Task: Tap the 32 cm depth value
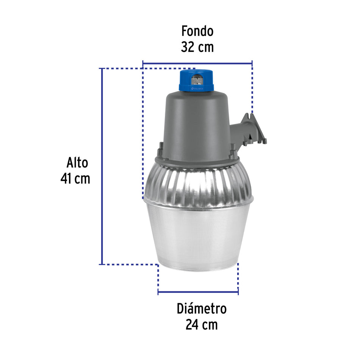point(197,47)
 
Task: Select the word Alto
point(77,163)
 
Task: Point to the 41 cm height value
point(75,178)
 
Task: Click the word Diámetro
point(202,308)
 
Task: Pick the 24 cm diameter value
point(202,325)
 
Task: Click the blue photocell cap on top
point(196,80)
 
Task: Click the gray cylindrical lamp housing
point(196,121)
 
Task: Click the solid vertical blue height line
point(102,167)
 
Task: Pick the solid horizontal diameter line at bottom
point(198,292)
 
